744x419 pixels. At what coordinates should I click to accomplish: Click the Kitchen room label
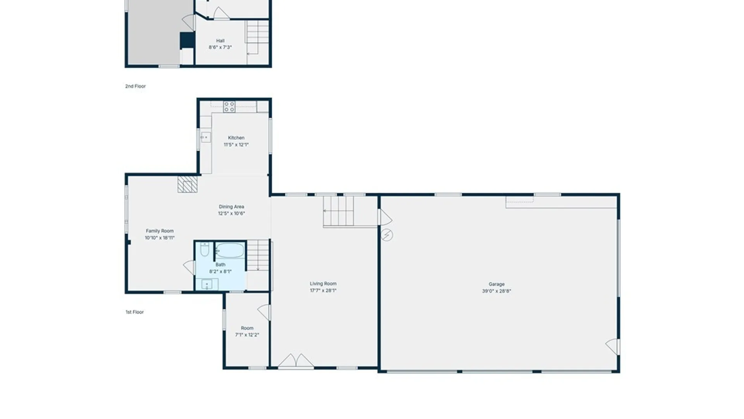tap(236, 138)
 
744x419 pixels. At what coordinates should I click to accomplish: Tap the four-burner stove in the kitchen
tap(229, 107)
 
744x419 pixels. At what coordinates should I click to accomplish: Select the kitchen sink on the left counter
tap(206, 137)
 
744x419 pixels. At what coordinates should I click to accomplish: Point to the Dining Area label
tap(231, 207)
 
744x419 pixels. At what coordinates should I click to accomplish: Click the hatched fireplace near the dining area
tap(188, 184)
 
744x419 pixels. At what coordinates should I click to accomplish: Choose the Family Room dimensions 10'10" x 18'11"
tap(160, 238)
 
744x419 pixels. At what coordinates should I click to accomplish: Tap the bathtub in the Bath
tap(230, 251)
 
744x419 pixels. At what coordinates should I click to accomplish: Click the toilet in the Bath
tap(205, 249)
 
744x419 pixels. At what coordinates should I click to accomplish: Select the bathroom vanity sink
tap(207, 284)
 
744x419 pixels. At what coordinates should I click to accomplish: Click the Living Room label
tap(323, 284)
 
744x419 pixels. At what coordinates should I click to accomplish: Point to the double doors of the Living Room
tap(296, 360)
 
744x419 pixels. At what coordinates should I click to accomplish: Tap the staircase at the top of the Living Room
tap(339, 211)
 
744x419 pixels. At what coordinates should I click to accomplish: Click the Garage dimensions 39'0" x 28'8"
tap(496, 291)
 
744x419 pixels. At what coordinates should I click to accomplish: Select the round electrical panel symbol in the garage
tap(387, 235)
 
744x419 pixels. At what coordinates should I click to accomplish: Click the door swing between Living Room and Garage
tap(385, 218)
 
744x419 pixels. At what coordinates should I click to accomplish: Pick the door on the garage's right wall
tap(613, 346)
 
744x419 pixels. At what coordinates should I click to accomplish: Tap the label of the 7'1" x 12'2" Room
tap(247, 328)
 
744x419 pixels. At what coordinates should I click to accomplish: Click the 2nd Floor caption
tap(135, 86)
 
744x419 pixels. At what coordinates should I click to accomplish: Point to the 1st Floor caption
tap(134, 312)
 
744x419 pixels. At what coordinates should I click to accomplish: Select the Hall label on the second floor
tap(220, 41)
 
